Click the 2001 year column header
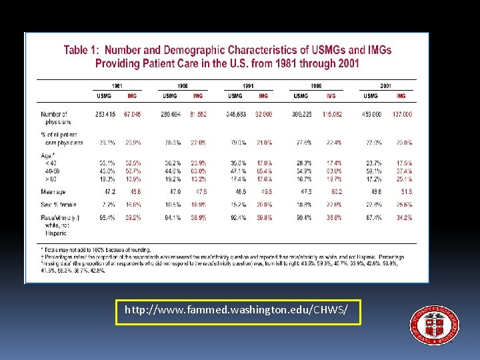[386, 85]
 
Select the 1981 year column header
[117, 85]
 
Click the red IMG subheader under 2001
[401, 96]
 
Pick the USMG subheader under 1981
[103, 96]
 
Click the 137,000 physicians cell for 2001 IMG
[402, 115]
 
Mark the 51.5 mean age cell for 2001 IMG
[404, 191]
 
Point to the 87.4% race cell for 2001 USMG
[373, 217]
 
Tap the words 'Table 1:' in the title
[82, 50]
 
